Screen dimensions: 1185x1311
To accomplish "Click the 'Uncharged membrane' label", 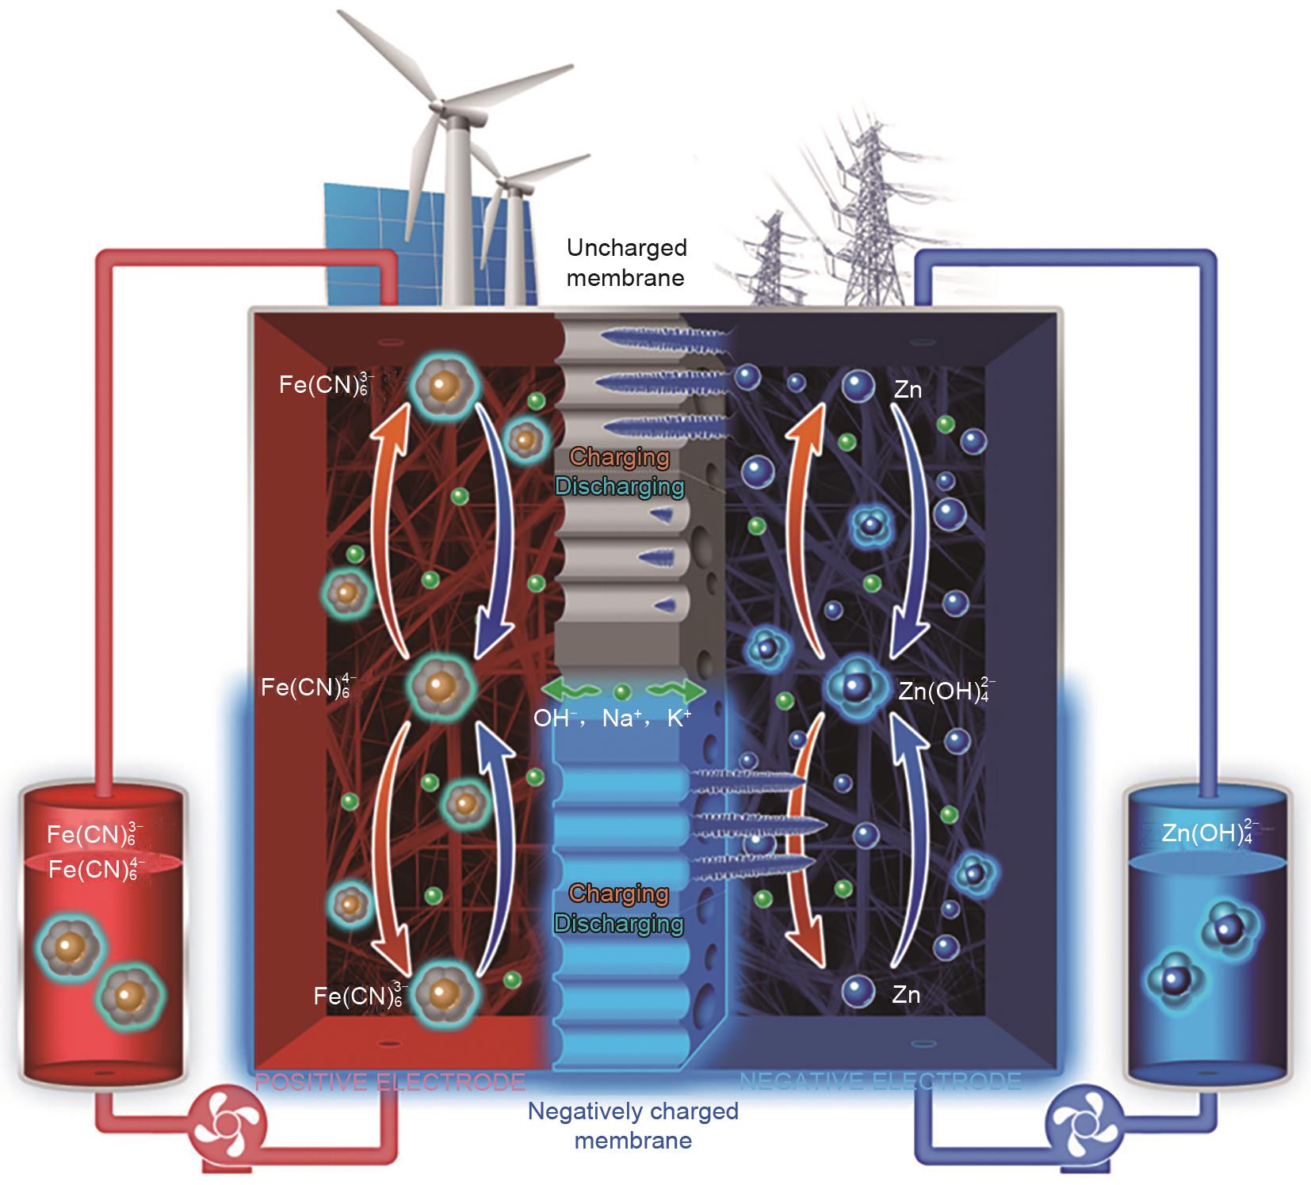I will [626, 263].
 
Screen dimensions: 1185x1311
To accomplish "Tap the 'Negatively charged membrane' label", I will [633, 1126].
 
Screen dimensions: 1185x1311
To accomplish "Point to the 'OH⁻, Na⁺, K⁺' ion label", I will [612, 719].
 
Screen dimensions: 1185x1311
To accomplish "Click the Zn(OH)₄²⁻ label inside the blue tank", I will [1206, 833].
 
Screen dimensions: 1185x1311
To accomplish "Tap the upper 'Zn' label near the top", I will [908, 389].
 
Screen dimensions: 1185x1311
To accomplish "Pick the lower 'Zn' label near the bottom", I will [905, 994].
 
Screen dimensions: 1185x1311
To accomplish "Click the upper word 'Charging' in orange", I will [619, 457].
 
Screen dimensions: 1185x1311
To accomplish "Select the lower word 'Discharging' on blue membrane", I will [619, 924].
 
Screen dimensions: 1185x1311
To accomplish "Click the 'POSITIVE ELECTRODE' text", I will [390, 1081].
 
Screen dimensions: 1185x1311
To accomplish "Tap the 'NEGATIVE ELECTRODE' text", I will [880, 1081].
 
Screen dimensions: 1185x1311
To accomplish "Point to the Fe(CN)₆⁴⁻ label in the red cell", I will [309, 688].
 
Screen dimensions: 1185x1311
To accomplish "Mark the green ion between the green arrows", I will [623, 692].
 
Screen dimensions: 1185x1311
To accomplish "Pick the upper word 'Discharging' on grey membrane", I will [619, 486].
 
